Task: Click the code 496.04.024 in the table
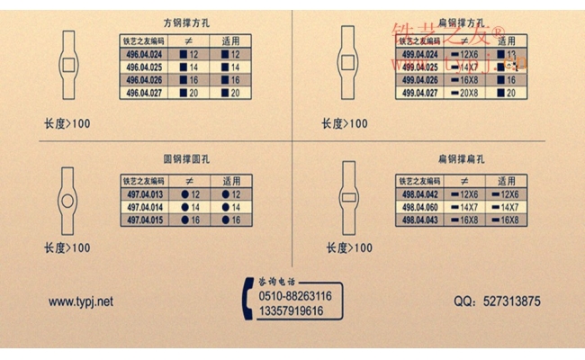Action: click(x=144, y=55)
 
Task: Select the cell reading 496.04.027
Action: click(x=144, y=93)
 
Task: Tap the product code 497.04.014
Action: click(x=144, y=207)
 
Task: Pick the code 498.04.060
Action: click(x=419, y=207)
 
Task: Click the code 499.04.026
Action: click(x=419, y=80)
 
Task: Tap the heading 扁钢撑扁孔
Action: click(x=462, y=159)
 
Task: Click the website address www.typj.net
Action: click(x=81, y=302)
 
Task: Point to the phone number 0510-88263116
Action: click(x=294, y=295)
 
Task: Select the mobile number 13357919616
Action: click(x=291, y=310)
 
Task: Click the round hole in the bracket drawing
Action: click(x=68, y=199)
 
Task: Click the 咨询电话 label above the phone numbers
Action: click(x=276, y=281)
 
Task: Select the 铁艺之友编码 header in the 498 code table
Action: click(x=419, y=181)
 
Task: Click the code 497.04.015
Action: click(x=144, y=220)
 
